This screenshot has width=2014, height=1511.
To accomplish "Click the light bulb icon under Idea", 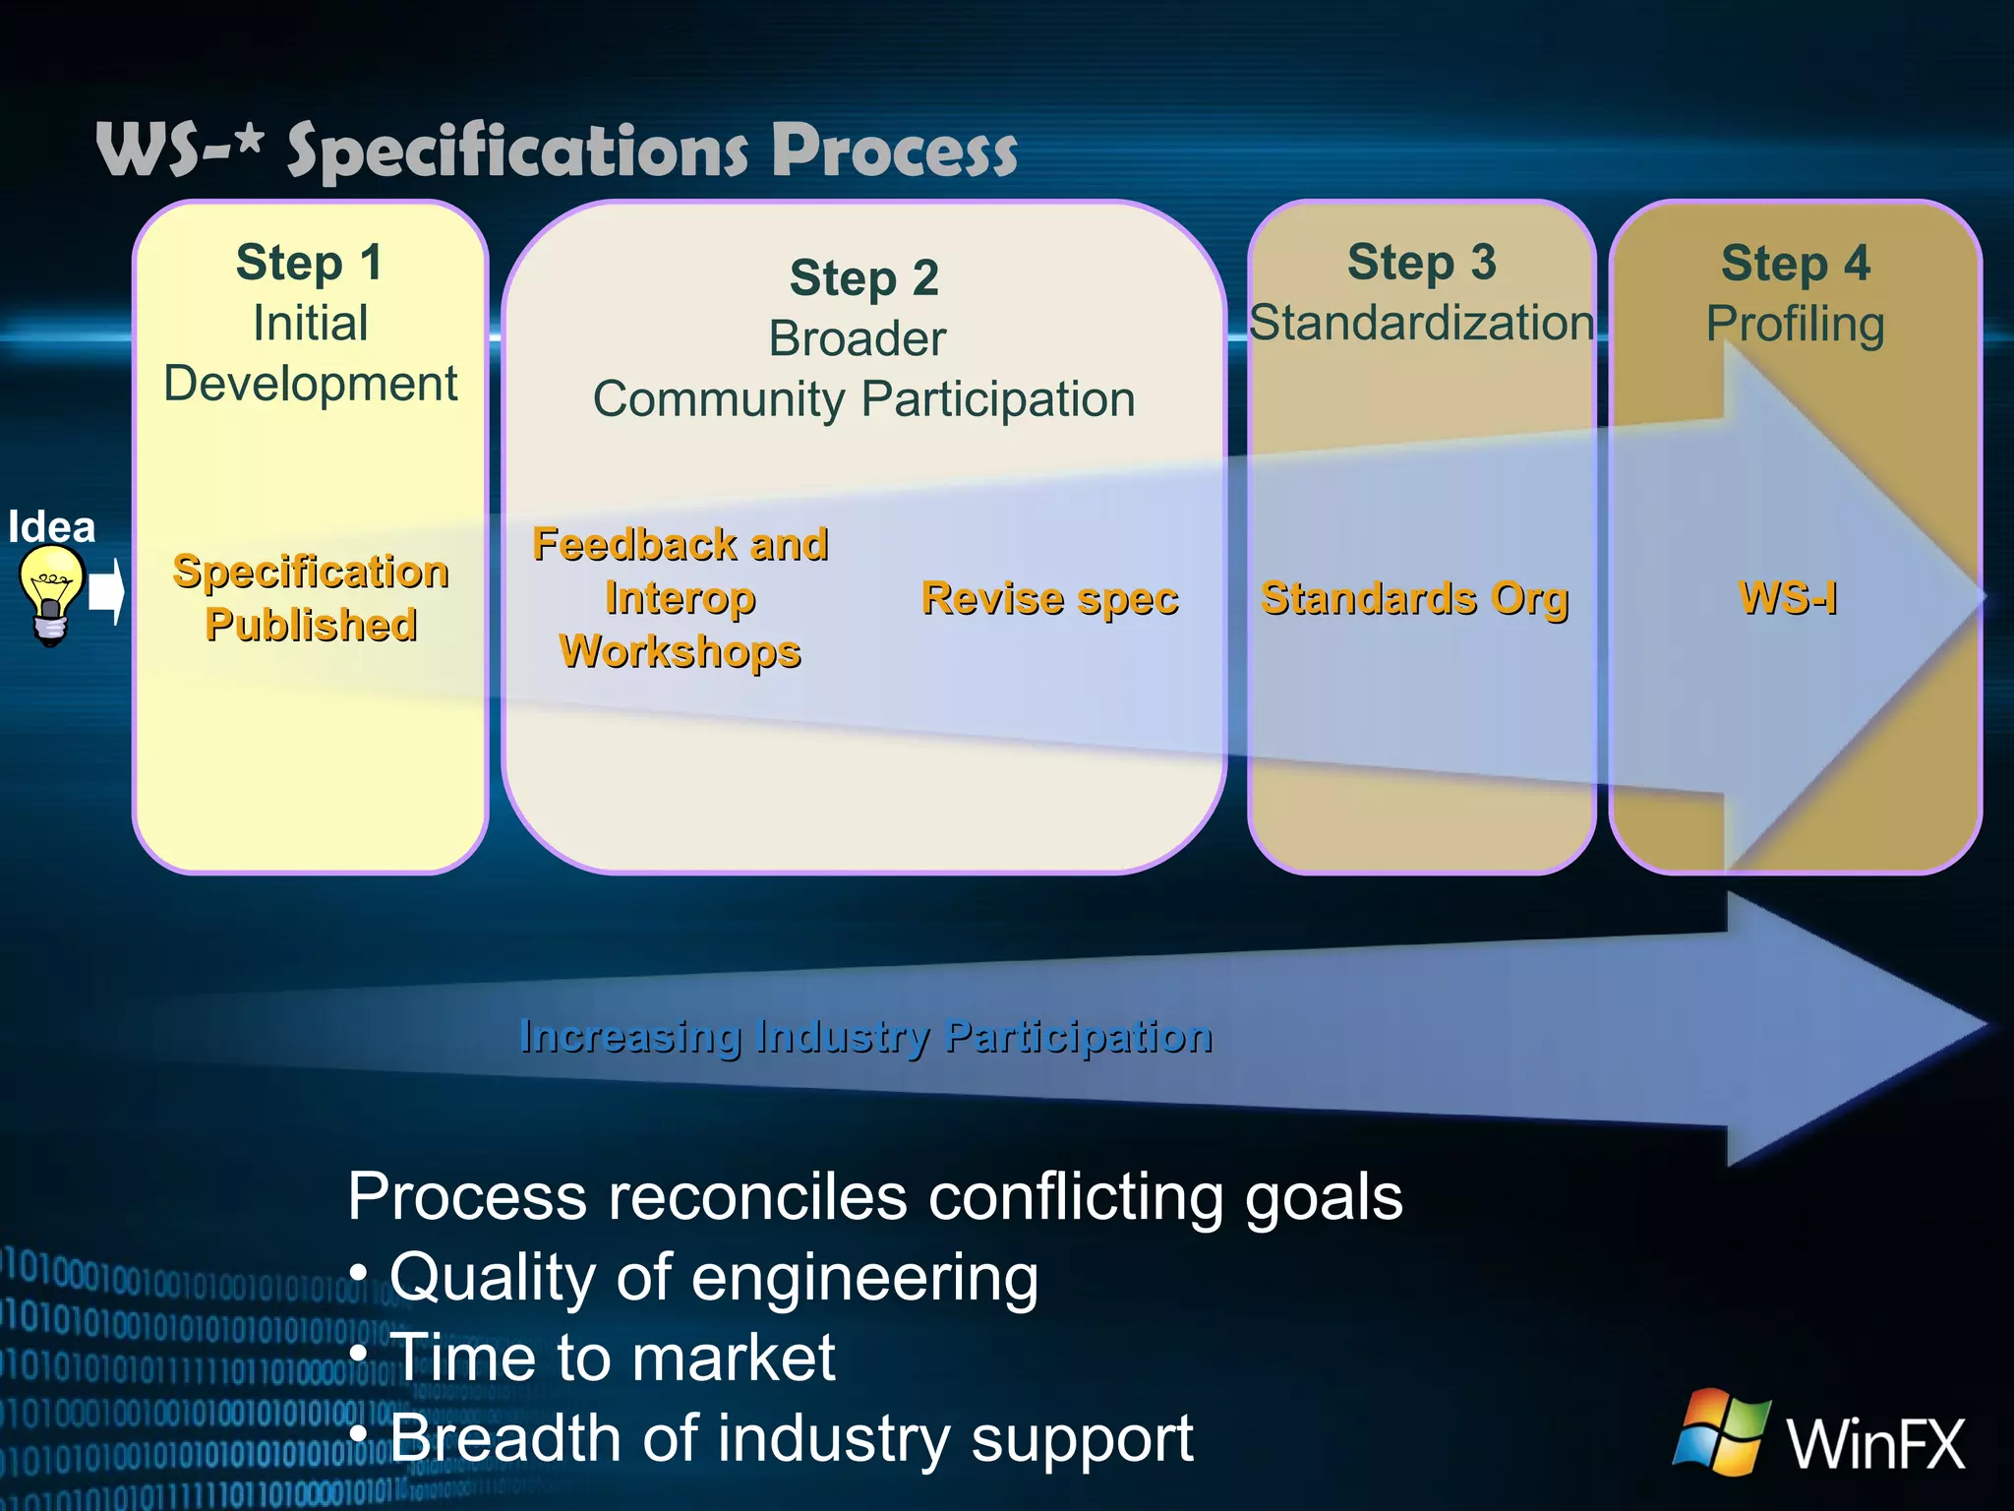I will click(51, 594).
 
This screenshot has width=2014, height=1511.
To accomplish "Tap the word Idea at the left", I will click(51, 527).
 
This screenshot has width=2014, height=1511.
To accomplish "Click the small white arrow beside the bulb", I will click(106, 592).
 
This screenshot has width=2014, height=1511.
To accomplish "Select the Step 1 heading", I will click(309, 263).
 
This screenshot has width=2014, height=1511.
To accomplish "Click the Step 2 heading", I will click(863, 278).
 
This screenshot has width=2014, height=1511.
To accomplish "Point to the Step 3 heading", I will click(1421, 263).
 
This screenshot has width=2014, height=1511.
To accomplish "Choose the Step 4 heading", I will click(1795, 264).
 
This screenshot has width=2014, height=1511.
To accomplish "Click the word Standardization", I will click(1421, 323).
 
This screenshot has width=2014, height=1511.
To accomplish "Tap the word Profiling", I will click(1795, 325).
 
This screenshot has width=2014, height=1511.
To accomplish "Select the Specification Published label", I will click(311, 598).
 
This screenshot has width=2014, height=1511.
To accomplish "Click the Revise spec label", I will click(1049, 598).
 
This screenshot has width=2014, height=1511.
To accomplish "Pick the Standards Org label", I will click(1414, 598).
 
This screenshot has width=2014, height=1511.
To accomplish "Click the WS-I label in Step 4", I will click(1788, 597).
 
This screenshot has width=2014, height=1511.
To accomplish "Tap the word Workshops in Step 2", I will click(680, 651).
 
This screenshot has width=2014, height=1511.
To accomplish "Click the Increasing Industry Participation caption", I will click(865, 1036).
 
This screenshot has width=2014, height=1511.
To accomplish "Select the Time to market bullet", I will click(612, 1358).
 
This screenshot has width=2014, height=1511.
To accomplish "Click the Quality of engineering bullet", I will click(713, 1277).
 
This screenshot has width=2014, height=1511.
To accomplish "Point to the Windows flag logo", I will click(1722, 1431).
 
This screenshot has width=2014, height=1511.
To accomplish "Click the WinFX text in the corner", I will click(1875, 1443).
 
